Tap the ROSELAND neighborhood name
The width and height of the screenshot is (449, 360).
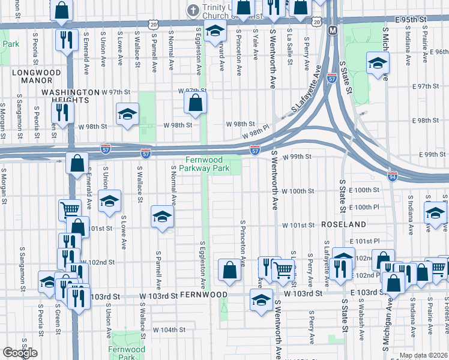pos(343,224)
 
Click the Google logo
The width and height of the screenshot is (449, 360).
pos(20,353)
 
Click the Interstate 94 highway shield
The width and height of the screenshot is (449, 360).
pos(391,176)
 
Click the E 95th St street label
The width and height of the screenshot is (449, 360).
pos(410,19)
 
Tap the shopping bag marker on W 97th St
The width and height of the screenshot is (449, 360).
pos(196,103)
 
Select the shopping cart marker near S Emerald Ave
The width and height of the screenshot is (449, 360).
pos(70,209)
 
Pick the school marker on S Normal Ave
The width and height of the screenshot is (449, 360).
pos(161,217)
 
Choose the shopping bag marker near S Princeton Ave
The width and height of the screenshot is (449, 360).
pos(229,270)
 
